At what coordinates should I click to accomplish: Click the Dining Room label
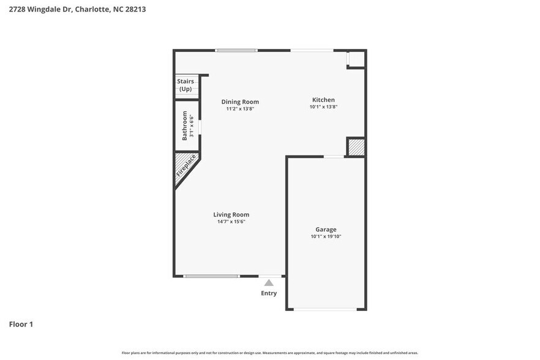(x=239, y=102)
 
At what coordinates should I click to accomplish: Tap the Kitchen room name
(x=323, y=100)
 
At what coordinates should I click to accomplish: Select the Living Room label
(x=231, y=214)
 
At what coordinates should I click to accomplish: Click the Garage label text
(x=326, y=229)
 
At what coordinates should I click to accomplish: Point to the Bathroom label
(x=184, y=126)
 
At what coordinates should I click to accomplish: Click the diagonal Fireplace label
(x=186, y=165)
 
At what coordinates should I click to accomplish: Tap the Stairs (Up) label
(x=185, y=85)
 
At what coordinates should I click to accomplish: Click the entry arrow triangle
(x=269, y=282)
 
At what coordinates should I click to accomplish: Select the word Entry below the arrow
(x=269, y=293)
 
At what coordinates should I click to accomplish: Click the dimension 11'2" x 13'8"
(x=239, y=109)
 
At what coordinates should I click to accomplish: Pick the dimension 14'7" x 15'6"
(x=231, y=222)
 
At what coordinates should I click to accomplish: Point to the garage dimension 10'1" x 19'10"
(x=326, y=236)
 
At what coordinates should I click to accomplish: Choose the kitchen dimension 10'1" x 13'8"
(x=323, y=107)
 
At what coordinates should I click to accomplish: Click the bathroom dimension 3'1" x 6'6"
(x=192, y=126)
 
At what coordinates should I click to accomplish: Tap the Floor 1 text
(x=21, y=324)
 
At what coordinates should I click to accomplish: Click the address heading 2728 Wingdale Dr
(x=77, y=10)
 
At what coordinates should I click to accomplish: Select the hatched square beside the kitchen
(x=356, y=147)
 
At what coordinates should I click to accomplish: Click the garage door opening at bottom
(x=325, y=309)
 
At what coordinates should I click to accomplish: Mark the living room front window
(x=212, y=276)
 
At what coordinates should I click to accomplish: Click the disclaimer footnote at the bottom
(x=270, y=353)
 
